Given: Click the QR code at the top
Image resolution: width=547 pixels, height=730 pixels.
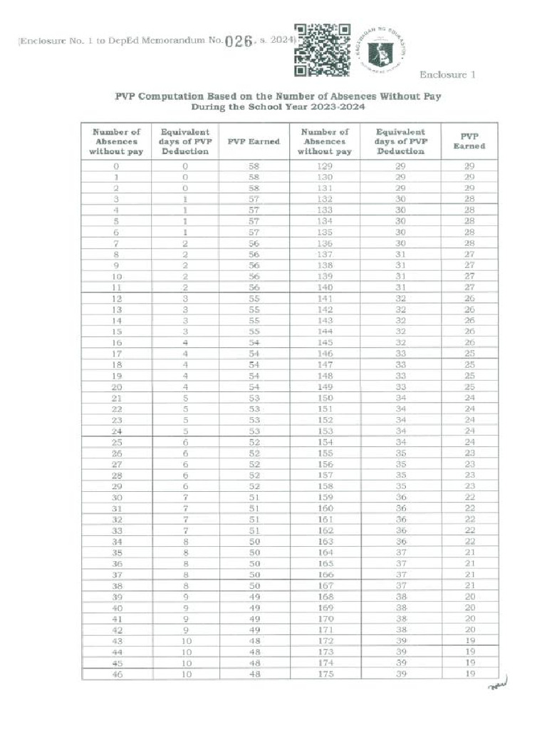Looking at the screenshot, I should tap(322, 50).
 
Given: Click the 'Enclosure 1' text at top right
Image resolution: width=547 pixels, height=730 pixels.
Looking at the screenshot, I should tap(447, 75).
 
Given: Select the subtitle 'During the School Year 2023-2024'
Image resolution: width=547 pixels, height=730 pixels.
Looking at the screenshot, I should tap(278, 107).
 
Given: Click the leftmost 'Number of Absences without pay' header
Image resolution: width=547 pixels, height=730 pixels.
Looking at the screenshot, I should tap(116, 141).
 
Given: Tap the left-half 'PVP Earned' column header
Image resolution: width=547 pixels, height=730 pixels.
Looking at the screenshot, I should tap(254, 141).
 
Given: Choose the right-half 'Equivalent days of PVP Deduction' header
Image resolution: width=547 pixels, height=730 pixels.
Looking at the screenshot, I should tap(400, 141).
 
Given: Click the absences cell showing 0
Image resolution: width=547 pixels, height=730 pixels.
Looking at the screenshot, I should tap(116, 165).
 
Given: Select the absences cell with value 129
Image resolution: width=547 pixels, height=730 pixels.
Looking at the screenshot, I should tap(325, 165).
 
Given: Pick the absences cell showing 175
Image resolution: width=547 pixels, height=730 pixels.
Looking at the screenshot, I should tap(325, 674).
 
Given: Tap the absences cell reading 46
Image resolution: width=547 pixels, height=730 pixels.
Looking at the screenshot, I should tap(116, 674).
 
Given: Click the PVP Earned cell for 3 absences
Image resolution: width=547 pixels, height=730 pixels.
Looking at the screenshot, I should tap(254, 199).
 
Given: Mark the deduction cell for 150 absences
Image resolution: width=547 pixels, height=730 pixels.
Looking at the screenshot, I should tap(400, 398).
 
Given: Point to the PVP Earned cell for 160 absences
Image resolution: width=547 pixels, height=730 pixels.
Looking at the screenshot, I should tap(469, 508).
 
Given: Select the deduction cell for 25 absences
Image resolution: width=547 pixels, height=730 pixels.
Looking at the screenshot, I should tap(184, 442).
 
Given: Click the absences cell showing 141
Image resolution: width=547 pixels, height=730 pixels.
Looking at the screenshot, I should tap(325, 298).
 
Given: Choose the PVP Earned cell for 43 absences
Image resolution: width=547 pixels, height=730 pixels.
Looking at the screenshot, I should tap(254, 641).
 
